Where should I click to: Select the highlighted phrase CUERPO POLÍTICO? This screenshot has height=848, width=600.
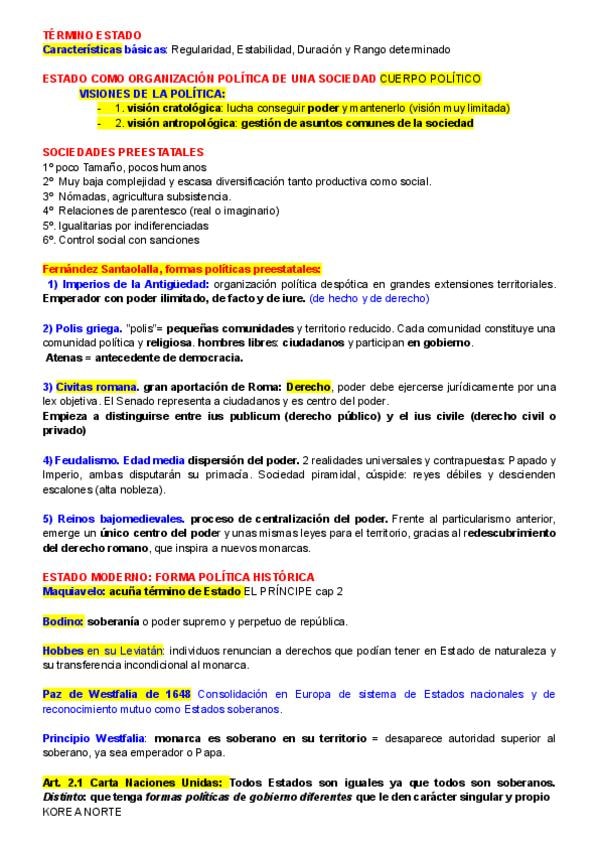(430, 78)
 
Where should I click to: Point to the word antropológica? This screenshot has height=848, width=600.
(191, 122)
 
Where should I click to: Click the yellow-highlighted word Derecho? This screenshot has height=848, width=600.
(308, 387)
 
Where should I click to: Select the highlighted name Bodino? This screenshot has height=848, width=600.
(61, 621)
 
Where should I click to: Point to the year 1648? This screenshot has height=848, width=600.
(175, 694)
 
